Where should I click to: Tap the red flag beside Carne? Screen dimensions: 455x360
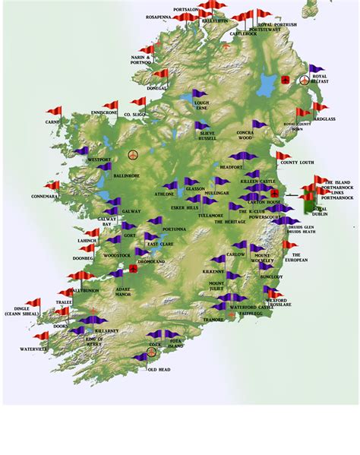point(53,112)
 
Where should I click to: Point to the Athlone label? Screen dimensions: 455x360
point(165,194)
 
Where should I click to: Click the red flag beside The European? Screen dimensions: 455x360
point(289,245)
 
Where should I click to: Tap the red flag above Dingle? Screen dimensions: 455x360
point(33,302)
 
